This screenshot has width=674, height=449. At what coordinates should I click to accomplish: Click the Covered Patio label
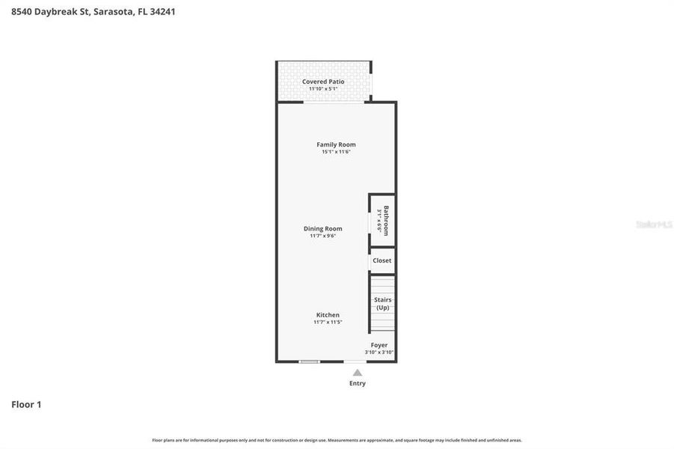pos(323,82)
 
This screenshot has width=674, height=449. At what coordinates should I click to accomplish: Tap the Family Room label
pos(336,144)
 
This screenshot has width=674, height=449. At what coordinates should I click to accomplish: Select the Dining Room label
pos(322,228)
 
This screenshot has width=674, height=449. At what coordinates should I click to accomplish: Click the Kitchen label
pos(328,315)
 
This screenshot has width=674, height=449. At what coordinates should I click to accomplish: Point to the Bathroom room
pos(382,220)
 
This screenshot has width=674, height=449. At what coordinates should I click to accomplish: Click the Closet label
pos(382,260)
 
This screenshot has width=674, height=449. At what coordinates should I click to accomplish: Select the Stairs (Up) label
pos(382,303)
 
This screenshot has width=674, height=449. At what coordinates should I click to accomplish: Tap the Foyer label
pos(379,345)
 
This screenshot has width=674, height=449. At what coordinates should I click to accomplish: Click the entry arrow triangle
pos(358,373)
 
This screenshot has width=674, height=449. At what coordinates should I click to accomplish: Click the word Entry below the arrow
pos(358,383)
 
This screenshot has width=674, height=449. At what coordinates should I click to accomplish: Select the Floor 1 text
pos(26,404)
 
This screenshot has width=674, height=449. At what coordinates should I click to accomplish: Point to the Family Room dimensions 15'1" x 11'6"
pos(336,152)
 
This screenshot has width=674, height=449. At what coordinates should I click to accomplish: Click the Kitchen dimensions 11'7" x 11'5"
pos(328,323)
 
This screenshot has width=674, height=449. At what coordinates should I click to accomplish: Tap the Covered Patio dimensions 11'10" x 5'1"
pos(323,89)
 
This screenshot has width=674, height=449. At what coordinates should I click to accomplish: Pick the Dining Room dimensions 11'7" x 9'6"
pos(322,236)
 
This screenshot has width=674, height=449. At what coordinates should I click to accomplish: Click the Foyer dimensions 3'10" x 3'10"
pos(379,352)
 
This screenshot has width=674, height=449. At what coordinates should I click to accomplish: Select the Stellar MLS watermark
pos(653,224)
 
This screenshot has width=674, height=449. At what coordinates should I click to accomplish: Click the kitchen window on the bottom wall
pos(309,362)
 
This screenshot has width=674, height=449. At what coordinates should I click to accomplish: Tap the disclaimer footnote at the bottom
pos(337,440)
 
